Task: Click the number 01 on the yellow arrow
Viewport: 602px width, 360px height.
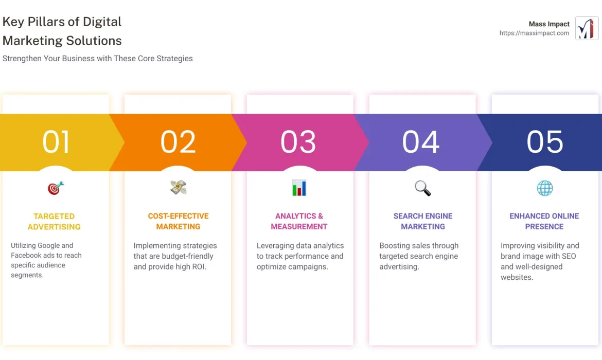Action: coord(56,142)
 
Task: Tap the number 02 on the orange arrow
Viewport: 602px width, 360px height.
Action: coord(178,142)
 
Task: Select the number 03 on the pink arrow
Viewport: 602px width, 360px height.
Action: coord(298,142)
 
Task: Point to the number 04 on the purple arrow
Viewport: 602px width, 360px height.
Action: coord(421,142)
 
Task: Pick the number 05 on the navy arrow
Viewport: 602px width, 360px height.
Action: coord(545,142)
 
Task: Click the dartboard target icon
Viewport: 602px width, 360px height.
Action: coord(56,188)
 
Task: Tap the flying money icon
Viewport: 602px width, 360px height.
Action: coord(178,188)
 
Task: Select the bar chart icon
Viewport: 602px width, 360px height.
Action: coord(299,188)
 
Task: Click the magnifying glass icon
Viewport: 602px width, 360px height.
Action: coord(423,188)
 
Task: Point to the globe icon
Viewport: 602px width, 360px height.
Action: coord(544,188)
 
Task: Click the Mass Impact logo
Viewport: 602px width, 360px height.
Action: coord(587,28)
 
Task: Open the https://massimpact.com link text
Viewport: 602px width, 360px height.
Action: coord(534,33)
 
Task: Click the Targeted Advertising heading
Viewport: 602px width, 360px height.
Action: coord(54,221)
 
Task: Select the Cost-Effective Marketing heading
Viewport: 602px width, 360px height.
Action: coord(178,221)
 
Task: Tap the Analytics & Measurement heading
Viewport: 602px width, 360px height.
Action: coord(299,221)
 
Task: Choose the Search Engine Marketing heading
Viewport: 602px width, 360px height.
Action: coord(423,221)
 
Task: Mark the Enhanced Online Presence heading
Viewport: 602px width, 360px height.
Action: coord(544,221)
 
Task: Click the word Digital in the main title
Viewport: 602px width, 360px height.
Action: coord(103,22)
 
